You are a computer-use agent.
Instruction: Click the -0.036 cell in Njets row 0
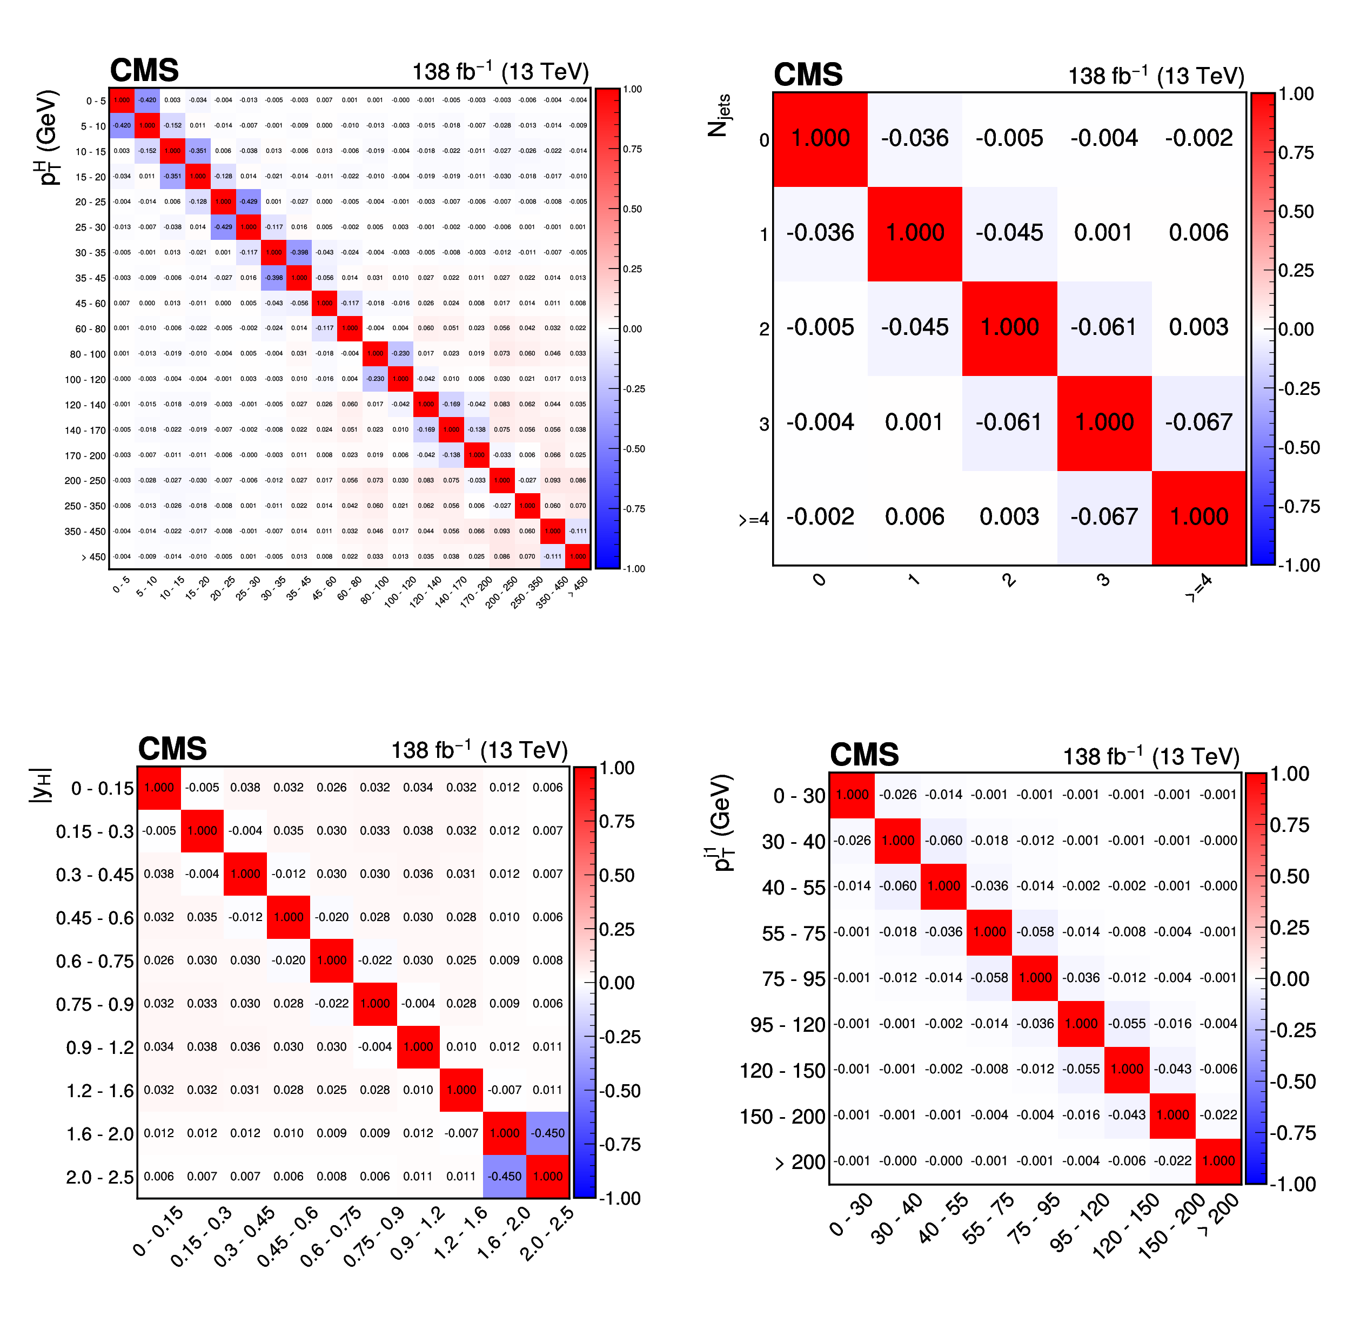[x=914, y=138]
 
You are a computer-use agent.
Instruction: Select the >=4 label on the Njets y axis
[x=754, y=519]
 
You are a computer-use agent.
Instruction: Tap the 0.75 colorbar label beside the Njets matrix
[x=1296, y=153]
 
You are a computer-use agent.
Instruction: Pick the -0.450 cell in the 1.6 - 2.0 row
[x=547, y=1133]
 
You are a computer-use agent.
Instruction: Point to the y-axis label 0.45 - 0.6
[x=94, y=918]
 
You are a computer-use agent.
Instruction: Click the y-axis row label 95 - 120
[x=787, y=1025]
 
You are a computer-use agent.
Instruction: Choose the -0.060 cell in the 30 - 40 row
[x=943, y=841]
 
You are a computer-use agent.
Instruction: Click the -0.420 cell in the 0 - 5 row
[x=147, y=100]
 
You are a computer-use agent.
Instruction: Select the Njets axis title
[x=719, y=116]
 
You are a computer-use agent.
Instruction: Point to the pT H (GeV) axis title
[x=49, y=137]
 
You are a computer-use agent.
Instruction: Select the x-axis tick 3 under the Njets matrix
[x=1103, y=580]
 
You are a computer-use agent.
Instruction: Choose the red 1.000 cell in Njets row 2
[x=1009, y=327]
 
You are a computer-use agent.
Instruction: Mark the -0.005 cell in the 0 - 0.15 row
[x=202, y=788]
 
